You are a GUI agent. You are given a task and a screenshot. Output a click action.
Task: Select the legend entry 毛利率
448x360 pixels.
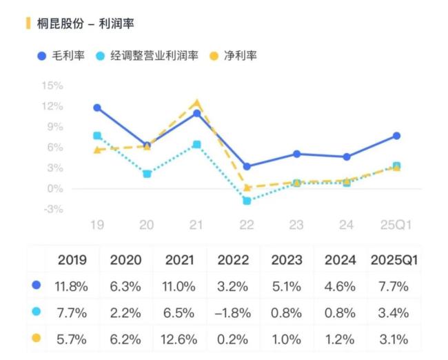(x=61, y=56)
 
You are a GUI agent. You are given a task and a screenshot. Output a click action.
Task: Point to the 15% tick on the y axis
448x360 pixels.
(x=52, y=86)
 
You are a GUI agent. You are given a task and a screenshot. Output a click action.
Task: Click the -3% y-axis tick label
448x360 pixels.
(x=52, y=209)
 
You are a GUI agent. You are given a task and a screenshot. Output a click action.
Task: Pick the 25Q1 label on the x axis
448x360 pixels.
(x=396, y=225)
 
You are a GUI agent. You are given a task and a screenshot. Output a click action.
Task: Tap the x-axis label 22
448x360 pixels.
(x=247, y=225)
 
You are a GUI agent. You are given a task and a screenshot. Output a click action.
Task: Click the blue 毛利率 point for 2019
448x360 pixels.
(x=97, y=108)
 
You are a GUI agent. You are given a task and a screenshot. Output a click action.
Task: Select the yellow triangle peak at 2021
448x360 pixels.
(x=197, y=102)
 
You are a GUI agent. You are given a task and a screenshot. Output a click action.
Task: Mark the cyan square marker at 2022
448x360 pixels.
(x=247, y=201)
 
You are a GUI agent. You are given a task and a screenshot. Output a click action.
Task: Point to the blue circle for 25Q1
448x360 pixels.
(x=396, y=136)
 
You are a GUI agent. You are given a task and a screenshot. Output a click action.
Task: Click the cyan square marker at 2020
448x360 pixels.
(x=147, y=174)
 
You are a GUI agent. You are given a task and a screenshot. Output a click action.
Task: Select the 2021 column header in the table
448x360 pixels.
(x=179, y=260)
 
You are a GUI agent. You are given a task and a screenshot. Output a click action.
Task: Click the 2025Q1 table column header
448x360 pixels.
(x=394, y=260)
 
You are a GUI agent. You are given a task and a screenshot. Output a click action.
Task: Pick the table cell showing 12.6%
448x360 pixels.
(x=179, y=339)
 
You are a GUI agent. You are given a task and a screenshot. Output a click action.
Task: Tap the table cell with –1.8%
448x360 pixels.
(x=233, y=312)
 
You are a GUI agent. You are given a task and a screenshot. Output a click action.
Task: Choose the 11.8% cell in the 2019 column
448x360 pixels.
(x=72, y=285)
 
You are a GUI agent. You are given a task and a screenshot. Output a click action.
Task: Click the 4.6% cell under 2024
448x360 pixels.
(x=340, y=285)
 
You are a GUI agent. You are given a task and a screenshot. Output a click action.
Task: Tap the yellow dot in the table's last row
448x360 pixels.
(x=36, y=339)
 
